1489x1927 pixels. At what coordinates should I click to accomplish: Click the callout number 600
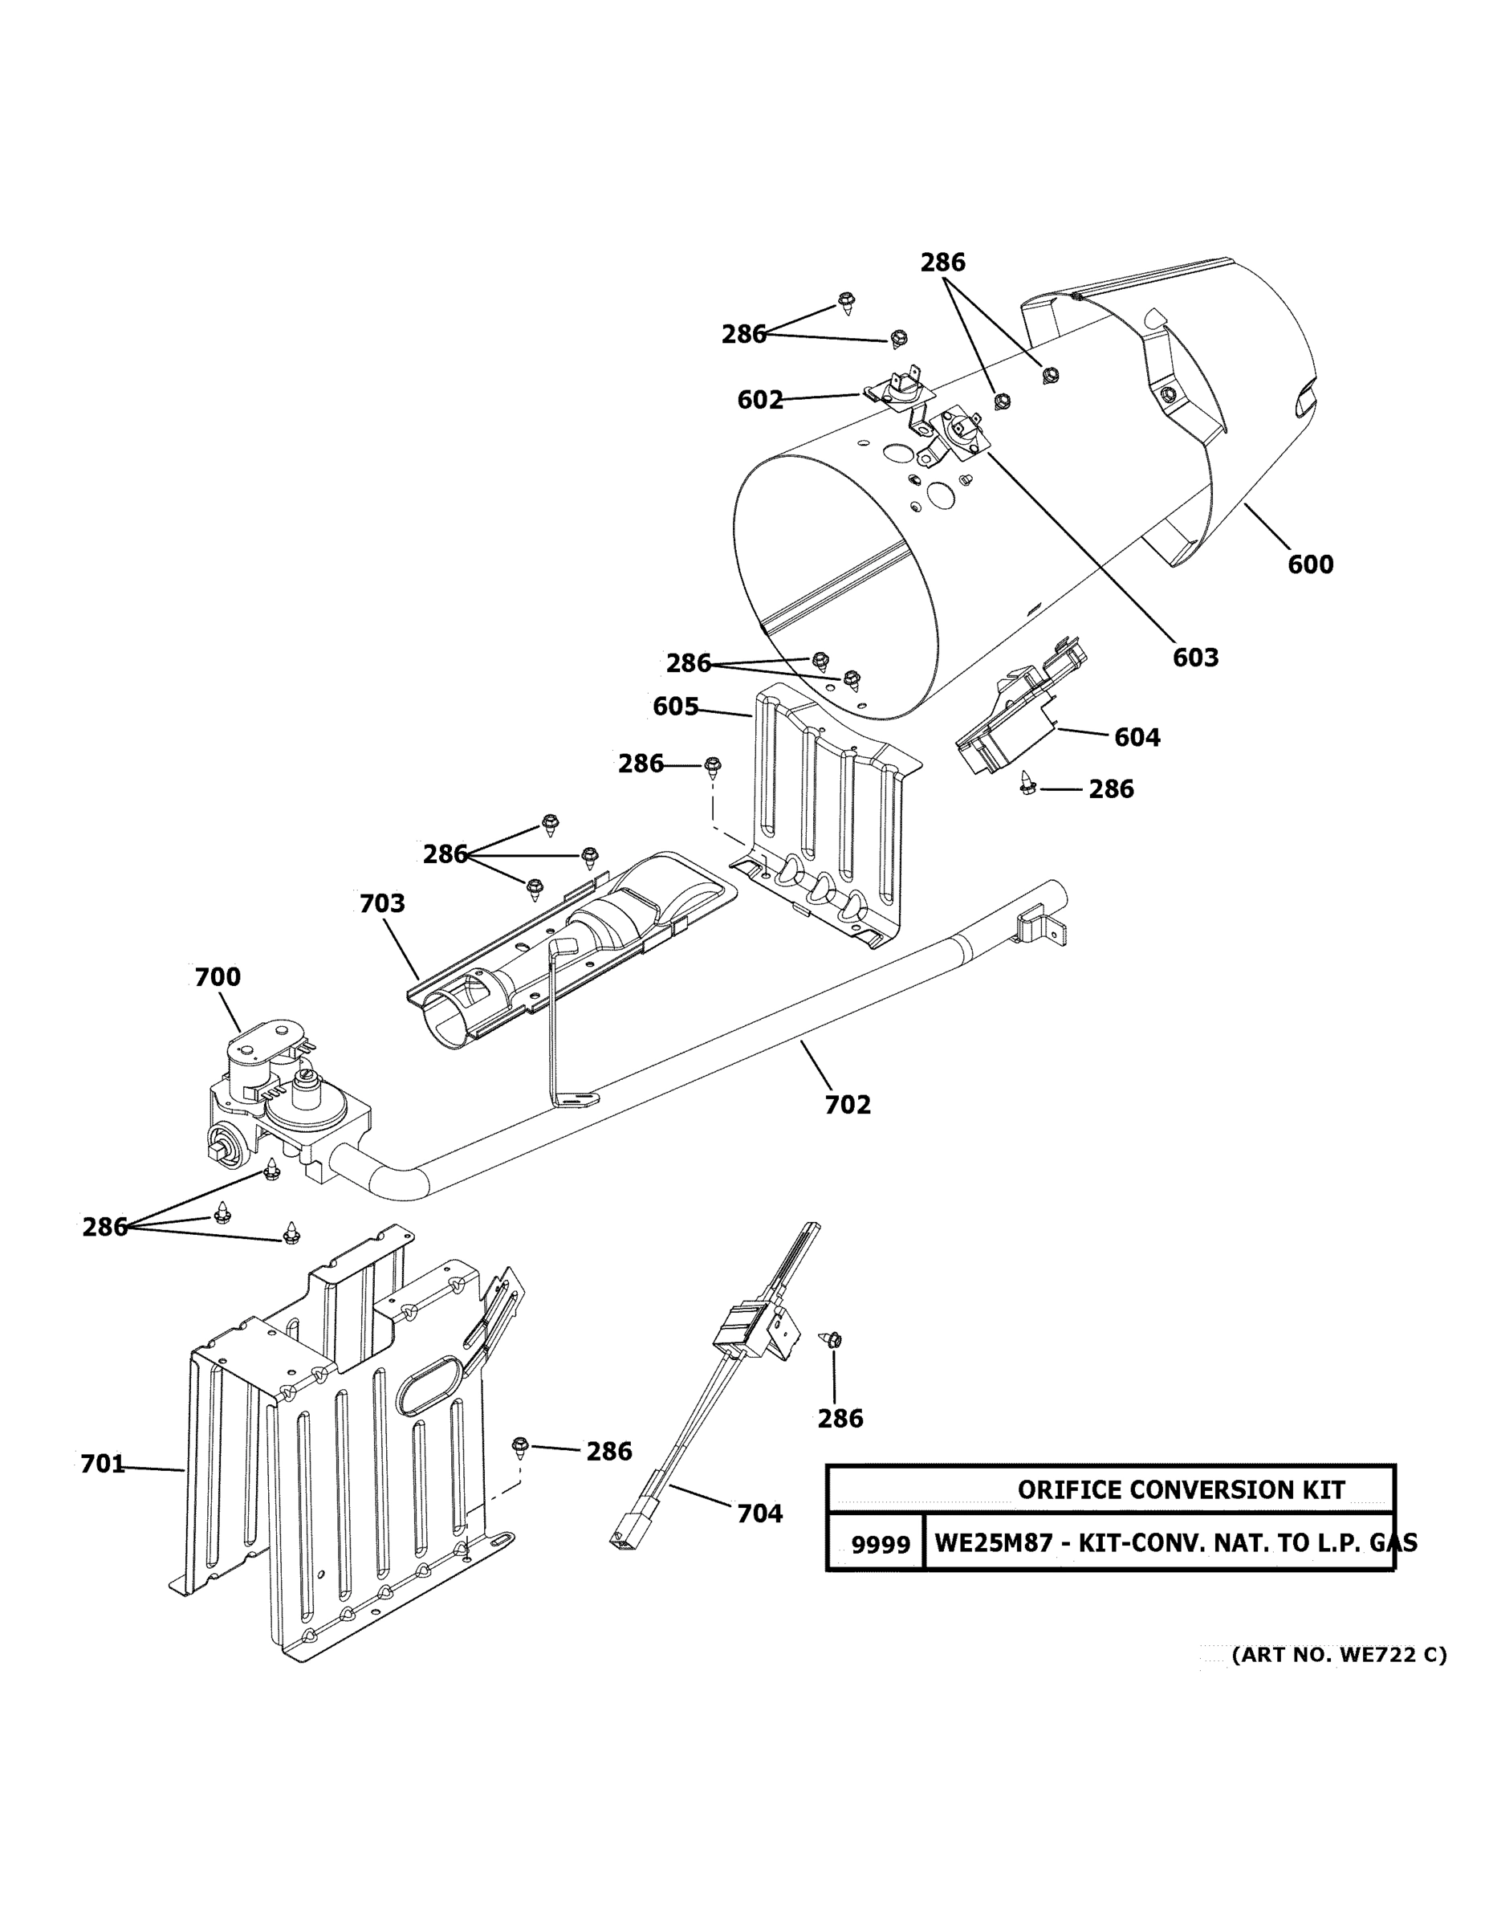(1310, 564)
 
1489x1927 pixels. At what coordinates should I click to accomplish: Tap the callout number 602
(759, 401)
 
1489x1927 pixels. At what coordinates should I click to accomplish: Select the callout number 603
(1195, 658)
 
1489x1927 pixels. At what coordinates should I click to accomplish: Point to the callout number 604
(1137, 738)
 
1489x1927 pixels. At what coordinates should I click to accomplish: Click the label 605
(676, 707)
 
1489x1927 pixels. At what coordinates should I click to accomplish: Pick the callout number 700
(217, 978)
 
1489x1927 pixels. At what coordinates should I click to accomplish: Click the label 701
(102, 1465)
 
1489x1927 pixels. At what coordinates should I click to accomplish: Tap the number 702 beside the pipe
(848, 1105)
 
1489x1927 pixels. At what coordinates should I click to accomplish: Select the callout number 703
(382, 903)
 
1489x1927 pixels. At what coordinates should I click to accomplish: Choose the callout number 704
(759, 1514)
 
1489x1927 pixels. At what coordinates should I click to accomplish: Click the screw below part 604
(1027, 782)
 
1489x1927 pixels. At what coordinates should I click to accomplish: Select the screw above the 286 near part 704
(832, 1340)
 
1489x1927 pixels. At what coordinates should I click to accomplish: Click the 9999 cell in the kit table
(880, 1545)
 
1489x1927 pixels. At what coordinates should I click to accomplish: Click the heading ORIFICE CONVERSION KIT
(1180, 1490)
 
